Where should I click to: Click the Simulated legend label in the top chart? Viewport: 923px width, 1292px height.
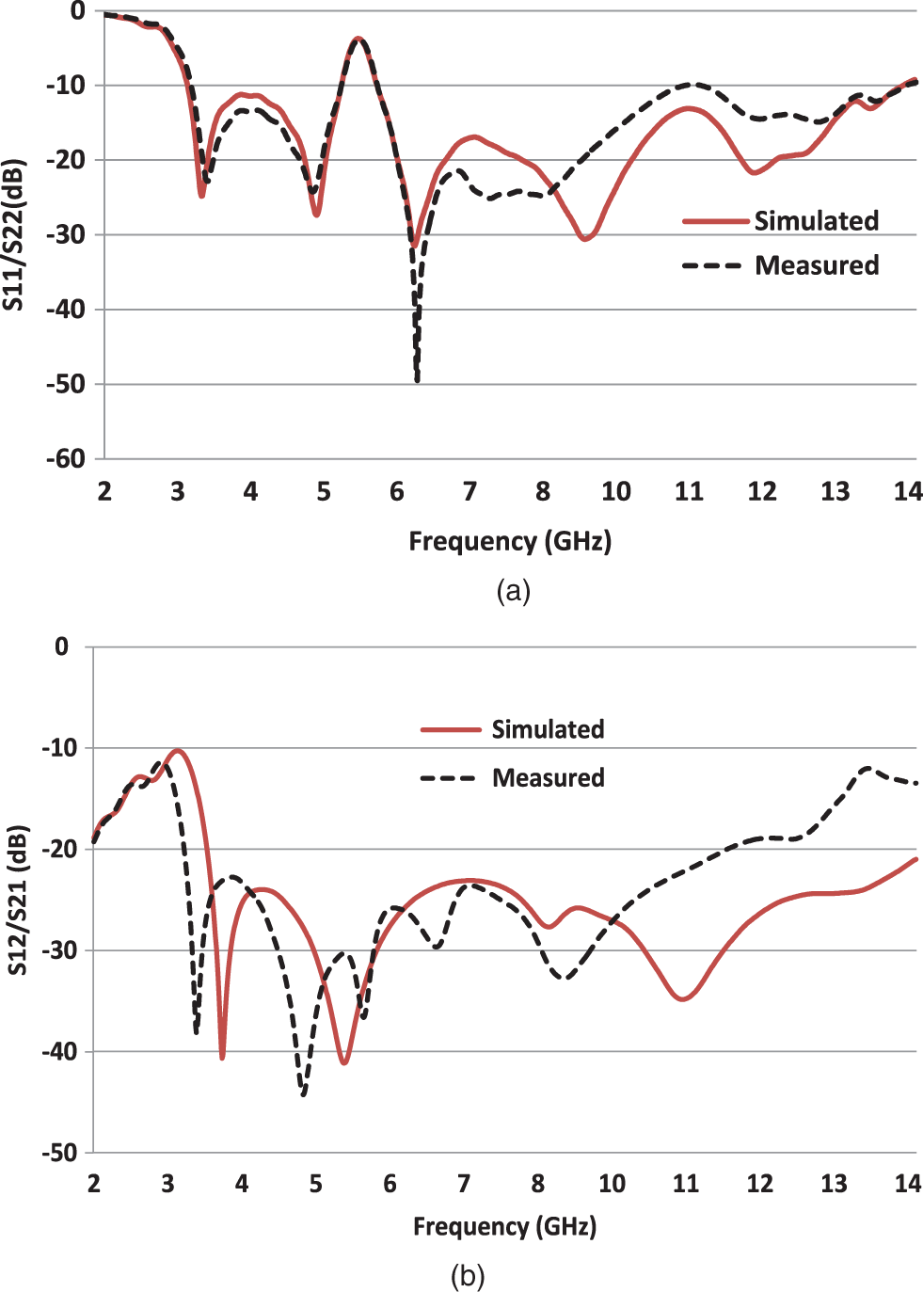click(816, 221)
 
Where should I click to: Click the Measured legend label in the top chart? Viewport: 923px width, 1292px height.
click(817, 265)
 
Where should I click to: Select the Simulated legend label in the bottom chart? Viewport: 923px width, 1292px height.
click(548, 729)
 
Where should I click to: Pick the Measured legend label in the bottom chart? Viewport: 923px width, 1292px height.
click(548, 778)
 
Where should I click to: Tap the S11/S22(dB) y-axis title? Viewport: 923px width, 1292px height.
click(13, 235)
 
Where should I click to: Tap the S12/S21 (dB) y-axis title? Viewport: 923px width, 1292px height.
click(17, 899)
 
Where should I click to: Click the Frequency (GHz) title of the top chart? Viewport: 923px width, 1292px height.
click(510, 541)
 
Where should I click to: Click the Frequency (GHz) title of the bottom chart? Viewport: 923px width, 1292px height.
click(504, 1226)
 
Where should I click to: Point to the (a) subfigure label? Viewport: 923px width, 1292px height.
click(513, 591)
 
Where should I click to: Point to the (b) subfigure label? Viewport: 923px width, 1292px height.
click(468, 1276)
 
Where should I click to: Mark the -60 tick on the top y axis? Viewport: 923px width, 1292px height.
click(67, 459)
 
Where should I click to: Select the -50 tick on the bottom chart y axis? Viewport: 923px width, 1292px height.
click(59, 1153)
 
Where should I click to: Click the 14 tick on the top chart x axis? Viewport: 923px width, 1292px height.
click(907, 491)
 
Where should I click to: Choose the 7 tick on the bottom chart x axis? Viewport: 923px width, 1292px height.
click(464, 1183)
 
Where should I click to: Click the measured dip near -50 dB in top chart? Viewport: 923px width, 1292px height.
click(417, 379)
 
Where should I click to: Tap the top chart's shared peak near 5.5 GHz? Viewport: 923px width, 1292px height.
click(358, 39)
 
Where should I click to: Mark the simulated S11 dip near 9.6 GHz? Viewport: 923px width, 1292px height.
click(584, 239)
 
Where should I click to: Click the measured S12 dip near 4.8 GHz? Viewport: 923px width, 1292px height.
click(303, 1094)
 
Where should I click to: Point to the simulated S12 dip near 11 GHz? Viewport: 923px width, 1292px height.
click(683, 998)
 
